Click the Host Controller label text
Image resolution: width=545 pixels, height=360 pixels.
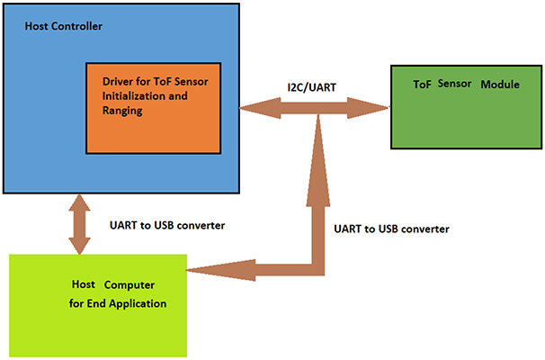click(x=65, y=25)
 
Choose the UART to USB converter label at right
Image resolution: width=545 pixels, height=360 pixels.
click(x=390, y=229)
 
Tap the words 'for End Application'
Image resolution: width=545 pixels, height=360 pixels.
click(x=115, y=302)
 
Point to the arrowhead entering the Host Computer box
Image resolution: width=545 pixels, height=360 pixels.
click(x=196, y=268)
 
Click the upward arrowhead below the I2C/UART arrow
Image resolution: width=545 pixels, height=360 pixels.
click(x=318, y=128)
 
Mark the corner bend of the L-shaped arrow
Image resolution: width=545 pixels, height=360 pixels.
click(x=318, y=267)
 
